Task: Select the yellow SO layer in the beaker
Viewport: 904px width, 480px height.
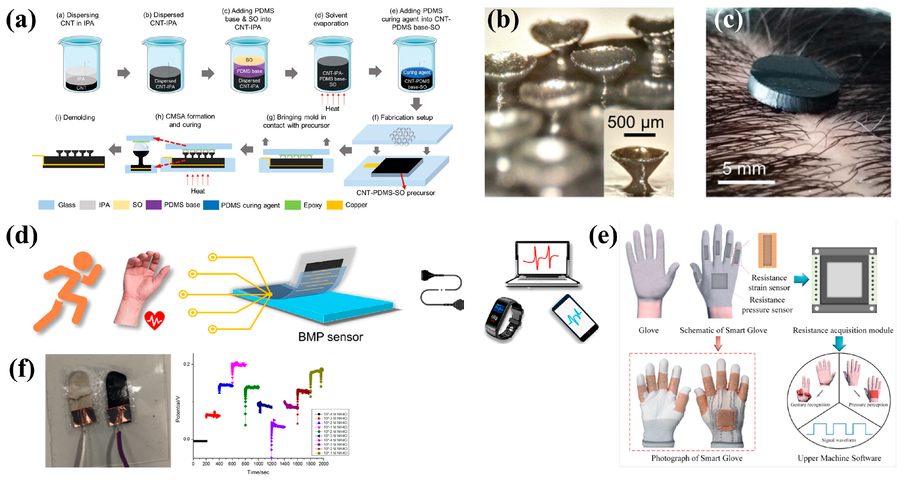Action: pyautogui.click(x=249, y=60)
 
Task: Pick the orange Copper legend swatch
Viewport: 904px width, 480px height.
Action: pyautogui.click(x=334, y=205)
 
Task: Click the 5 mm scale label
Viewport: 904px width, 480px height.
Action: pyautogui.click(x=744, y=169)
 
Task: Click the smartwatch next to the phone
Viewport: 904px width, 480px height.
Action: pyautogui.click(x=504, y=318)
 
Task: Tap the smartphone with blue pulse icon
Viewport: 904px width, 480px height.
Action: pyautogui.click(x=574, y=318)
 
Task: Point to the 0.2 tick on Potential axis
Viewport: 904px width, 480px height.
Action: pyautogui.click(x=187, y=364)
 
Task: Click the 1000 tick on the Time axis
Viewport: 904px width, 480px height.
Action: pyautogui.click(x=258, y=464)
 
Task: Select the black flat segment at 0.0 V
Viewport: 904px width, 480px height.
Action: pyautogui.click(x=200, y=441)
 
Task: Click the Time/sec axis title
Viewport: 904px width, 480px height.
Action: pyautogui.click(x=258, y=472)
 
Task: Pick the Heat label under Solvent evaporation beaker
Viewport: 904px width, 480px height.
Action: pyautogui.click(x=332, y=109)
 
